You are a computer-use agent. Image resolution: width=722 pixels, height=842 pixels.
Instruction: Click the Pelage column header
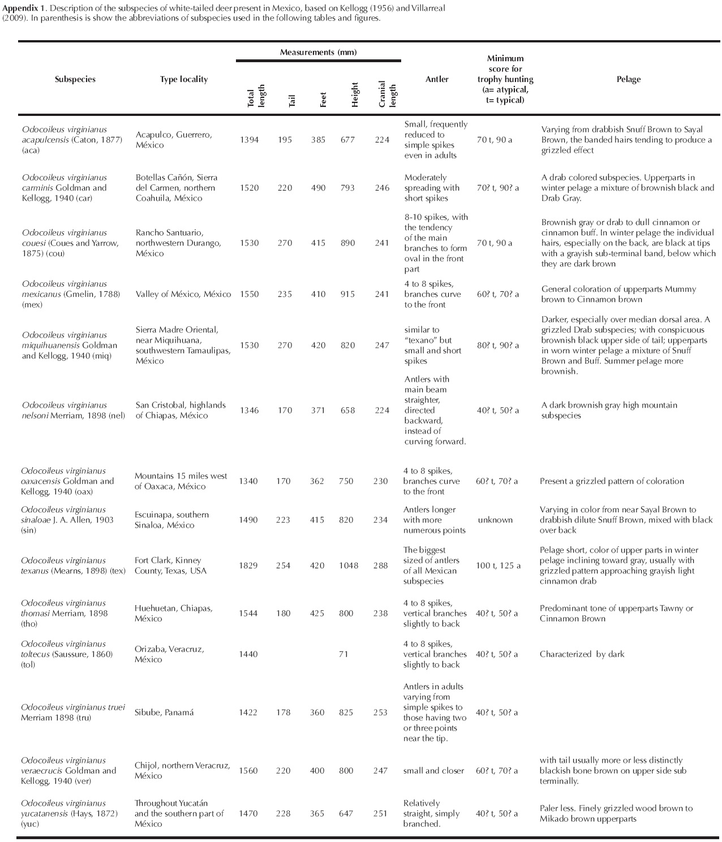click(628, 79)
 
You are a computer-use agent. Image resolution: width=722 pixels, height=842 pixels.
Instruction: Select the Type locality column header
click(183, 79)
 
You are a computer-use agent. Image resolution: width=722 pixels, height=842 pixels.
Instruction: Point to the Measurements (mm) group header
click(318, 52)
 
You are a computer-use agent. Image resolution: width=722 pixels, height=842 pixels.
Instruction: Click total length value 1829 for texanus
click(249, 565)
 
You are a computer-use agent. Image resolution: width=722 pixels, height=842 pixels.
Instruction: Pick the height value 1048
click(348, 565)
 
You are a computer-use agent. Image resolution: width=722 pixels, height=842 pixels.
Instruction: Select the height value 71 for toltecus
click(343, 654)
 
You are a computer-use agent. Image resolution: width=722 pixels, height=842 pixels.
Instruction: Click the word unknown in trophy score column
click(495, 520)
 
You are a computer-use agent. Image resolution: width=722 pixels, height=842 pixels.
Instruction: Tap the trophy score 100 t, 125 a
click(498, 565)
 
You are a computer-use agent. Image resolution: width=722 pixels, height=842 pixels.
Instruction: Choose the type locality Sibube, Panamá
click(164, 713)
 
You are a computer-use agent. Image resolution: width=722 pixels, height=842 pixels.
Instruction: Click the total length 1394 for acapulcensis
click(250, 140)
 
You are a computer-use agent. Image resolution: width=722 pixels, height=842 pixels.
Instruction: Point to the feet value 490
click(318, 188)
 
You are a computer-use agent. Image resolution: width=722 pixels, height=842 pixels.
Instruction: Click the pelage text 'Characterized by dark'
click(582, 654)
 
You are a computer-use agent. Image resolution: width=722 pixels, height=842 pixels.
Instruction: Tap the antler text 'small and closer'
click(433, 771)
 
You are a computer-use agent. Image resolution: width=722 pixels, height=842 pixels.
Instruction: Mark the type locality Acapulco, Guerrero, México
click(174, 140)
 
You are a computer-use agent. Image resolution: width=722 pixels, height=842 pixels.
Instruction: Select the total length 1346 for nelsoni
click(250, 411)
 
